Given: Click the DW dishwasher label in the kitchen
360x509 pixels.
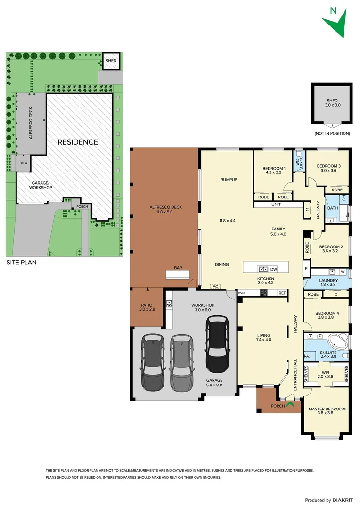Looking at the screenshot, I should tap(274, 269).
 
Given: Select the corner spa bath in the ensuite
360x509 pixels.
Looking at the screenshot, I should tap(338, 341).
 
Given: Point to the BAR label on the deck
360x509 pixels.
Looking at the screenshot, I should tap(178, 268).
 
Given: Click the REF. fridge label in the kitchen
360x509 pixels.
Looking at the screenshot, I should tap(282, 293).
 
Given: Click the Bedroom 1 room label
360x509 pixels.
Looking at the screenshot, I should tap(274, 171).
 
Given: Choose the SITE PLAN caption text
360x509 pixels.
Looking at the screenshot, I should tap(21, 263).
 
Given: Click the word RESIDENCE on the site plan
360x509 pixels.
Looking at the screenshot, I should tap(78, 142).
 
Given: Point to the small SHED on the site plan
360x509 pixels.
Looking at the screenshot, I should tap(111, 61).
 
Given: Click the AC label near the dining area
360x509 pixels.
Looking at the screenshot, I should tap(216, 286).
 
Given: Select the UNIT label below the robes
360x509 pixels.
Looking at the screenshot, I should tap(276, 205).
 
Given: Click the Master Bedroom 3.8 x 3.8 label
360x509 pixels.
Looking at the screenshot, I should tap(327, 411).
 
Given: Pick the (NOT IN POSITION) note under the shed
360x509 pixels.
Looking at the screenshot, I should tap(332, 134).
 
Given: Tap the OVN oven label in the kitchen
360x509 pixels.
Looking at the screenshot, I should tap(241, 293).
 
